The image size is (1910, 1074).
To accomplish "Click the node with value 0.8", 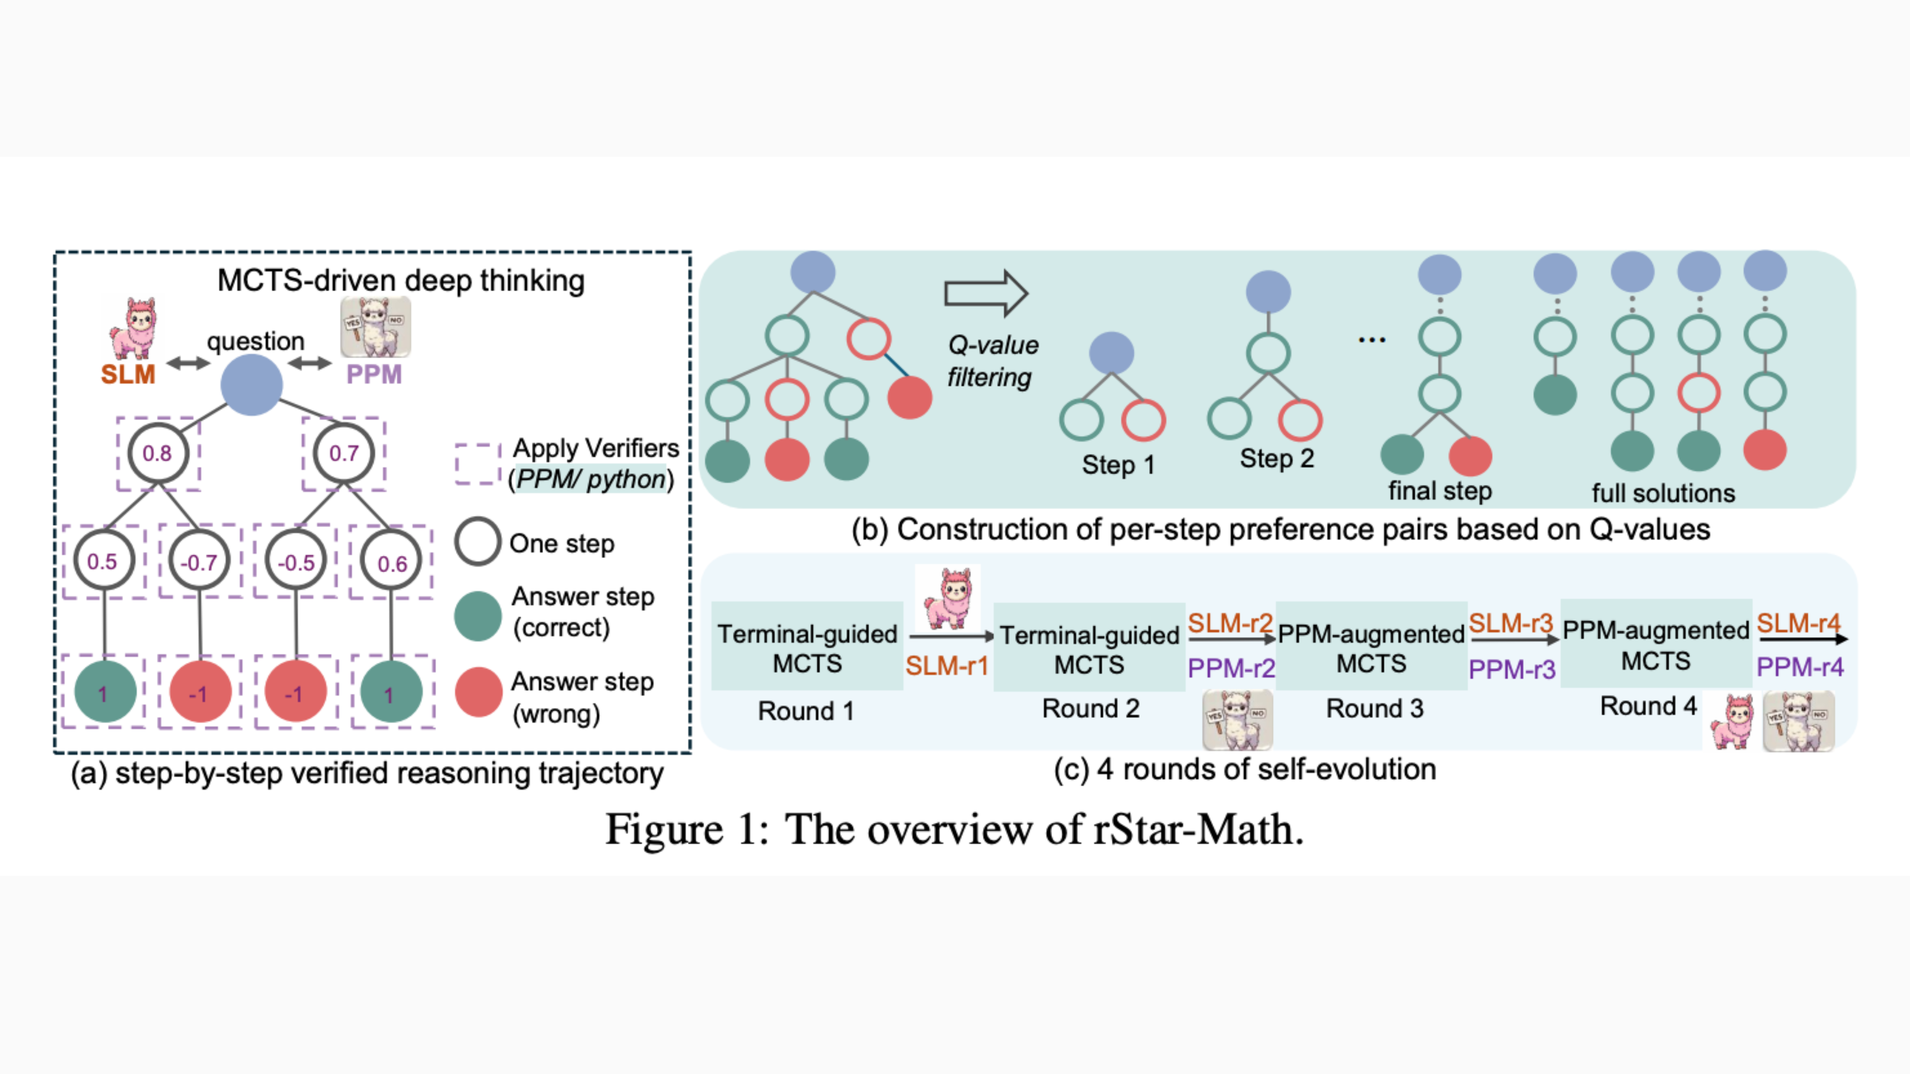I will (157, 453).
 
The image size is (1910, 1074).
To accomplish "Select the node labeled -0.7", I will (199, 562).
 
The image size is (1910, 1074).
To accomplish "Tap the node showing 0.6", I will (391, 563).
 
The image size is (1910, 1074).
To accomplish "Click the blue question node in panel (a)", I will (251, 384).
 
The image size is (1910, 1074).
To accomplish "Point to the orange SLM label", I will (128, 374).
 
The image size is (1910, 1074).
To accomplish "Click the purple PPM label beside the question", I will (374, 374).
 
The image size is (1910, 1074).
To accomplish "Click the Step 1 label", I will (1118, 465).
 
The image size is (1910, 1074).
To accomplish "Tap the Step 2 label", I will (1277, 458).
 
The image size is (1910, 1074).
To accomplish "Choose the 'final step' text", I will (1439, 491).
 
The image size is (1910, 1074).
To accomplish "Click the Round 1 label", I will (806, 710).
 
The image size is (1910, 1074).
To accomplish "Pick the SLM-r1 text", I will (947, 665).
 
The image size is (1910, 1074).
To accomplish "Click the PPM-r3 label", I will (1512, 669).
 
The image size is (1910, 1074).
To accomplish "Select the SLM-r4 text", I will (1798, 622).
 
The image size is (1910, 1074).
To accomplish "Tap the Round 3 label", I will (1375, 708).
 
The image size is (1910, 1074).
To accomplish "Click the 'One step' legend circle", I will (477, 542).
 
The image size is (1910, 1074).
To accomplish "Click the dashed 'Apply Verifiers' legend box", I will (477, 464).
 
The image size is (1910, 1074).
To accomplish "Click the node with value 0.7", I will (343, 453).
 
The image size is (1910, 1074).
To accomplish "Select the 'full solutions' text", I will (1663, 493).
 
